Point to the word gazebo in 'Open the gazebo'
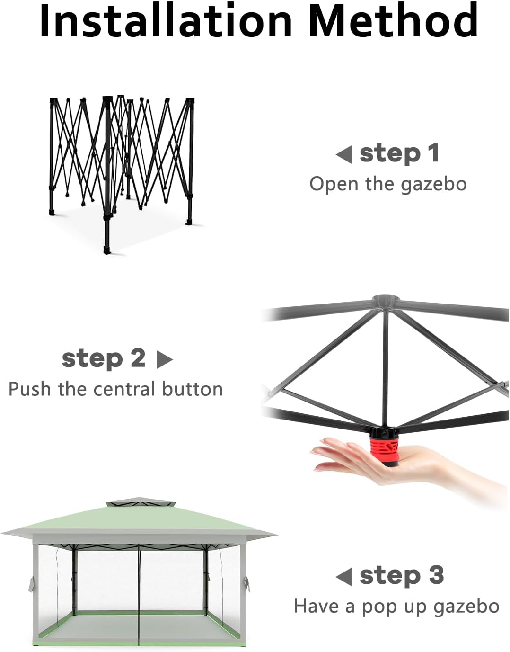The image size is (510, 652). click(433, 184)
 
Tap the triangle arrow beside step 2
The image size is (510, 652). click(165, 359)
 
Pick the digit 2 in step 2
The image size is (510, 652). click(138, 358)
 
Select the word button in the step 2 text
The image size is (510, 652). click(193, 389)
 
